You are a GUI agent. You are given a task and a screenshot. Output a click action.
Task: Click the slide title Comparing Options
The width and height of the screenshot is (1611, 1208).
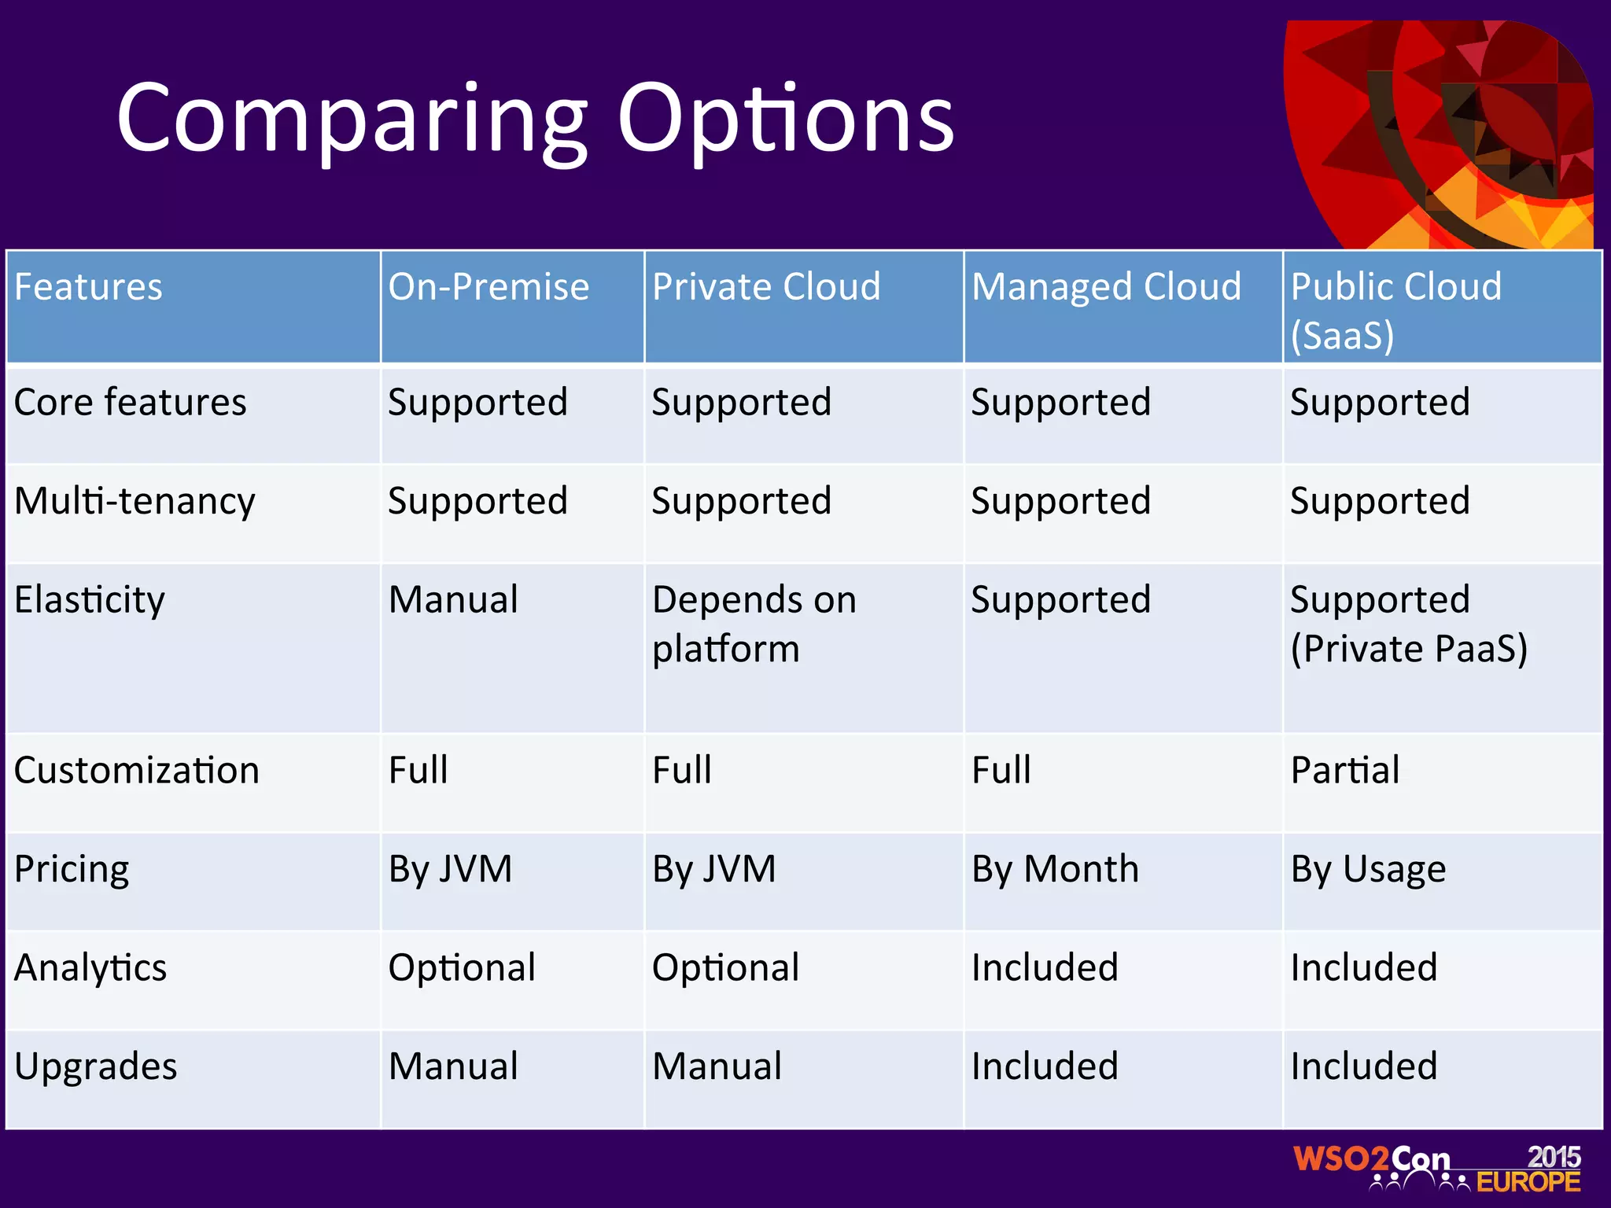(x=535, y=120)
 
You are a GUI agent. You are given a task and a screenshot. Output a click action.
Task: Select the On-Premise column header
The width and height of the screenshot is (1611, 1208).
(x=488, y=286)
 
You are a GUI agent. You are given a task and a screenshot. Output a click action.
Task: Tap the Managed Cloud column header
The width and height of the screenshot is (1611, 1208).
(x=1106, y=286)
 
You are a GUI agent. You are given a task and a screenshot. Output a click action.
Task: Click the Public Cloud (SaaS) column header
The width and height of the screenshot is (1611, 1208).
(x=1396, y=310)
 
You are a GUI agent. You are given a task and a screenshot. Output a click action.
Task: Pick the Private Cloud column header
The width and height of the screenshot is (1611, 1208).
(x=766, y=286)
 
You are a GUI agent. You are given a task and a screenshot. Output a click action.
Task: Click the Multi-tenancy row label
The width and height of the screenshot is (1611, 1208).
(x=135, y=502)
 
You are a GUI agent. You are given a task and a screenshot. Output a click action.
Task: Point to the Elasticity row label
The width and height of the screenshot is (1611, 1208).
(x=90, y=600)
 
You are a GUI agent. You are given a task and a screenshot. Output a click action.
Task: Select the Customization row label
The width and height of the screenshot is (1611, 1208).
(x=137, y=770)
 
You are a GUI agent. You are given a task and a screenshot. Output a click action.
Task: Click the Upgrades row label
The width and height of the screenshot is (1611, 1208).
(x=96, y=1066)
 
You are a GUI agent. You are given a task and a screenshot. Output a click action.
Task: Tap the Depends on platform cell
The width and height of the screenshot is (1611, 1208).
(x=754, y=624)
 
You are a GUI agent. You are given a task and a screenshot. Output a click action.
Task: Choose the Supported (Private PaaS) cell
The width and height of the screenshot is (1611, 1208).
(x=1408, y=624)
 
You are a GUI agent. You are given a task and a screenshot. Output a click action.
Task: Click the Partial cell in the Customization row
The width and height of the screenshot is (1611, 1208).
(x=1345, y=770)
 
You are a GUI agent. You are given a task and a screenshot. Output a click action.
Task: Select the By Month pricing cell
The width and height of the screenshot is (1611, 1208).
(x=1055, y=869)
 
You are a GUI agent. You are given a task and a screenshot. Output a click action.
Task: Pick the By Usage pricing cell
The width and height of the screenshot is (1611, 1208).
(x=1368, y=869)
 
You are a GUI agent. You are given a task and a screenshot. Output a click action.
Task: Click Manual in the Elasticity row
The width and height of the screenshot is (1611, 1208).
(x=453, y=600)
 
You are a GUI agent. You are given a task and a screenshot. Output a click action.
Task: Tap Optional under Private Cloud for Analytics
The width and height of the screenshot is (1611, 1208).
(x=725, y=967)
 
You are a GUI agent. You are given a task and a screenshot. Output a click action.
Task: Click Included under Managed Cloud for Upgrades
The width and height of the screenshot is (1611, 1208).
(x=1045, y=1066)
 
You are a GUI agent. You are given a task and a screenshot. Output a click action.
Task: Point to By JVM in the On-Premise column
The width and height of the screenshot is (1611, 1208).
(x=450, y=869)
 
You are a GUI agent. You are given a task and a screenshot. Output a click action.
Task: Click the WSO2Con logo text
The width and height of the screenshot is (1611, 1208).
(x=1372, y=1159)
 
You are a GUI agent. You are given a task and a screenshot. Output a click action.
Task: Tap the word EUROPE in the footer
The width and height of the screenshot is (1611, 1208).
(x=1528, y=1182)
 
